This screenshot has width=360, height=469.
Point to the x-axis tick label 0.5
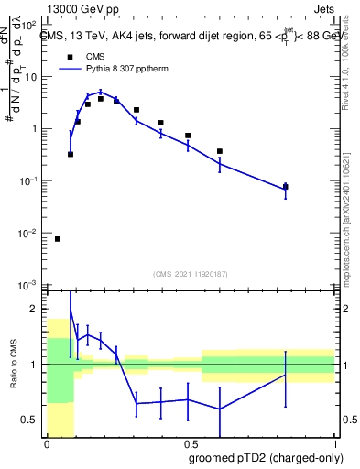click(191, 442)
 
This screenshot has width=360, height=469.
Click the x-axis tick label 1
click(334, 442)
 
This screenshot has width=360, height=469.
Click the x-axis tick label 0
click(47, 442)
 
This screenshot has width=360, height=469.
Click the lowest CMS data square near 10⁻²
click(58, 239)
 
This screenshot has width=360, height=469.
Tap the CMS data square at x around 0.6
click(220, 151)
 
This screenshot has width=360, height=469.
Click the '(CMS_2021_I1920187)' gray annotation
click(191, 274)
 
